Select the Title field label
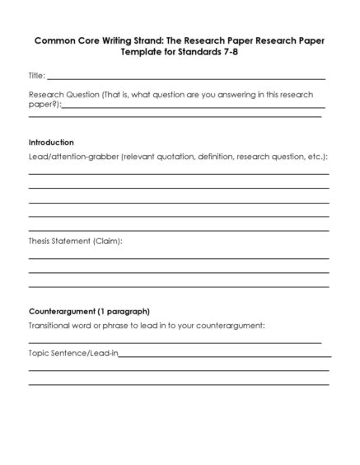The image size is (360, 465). pos(36,76)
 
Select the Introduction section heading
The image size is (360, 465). pos(51,142)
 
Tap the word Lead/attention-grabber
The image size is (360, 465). pos(73,156)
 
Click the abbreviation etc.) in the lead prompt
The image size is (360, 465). pos(315,156)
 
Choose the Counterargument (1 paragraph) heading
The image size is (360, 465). pos(89,312)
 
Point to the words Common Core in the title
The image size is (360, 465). pos(65,39)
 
